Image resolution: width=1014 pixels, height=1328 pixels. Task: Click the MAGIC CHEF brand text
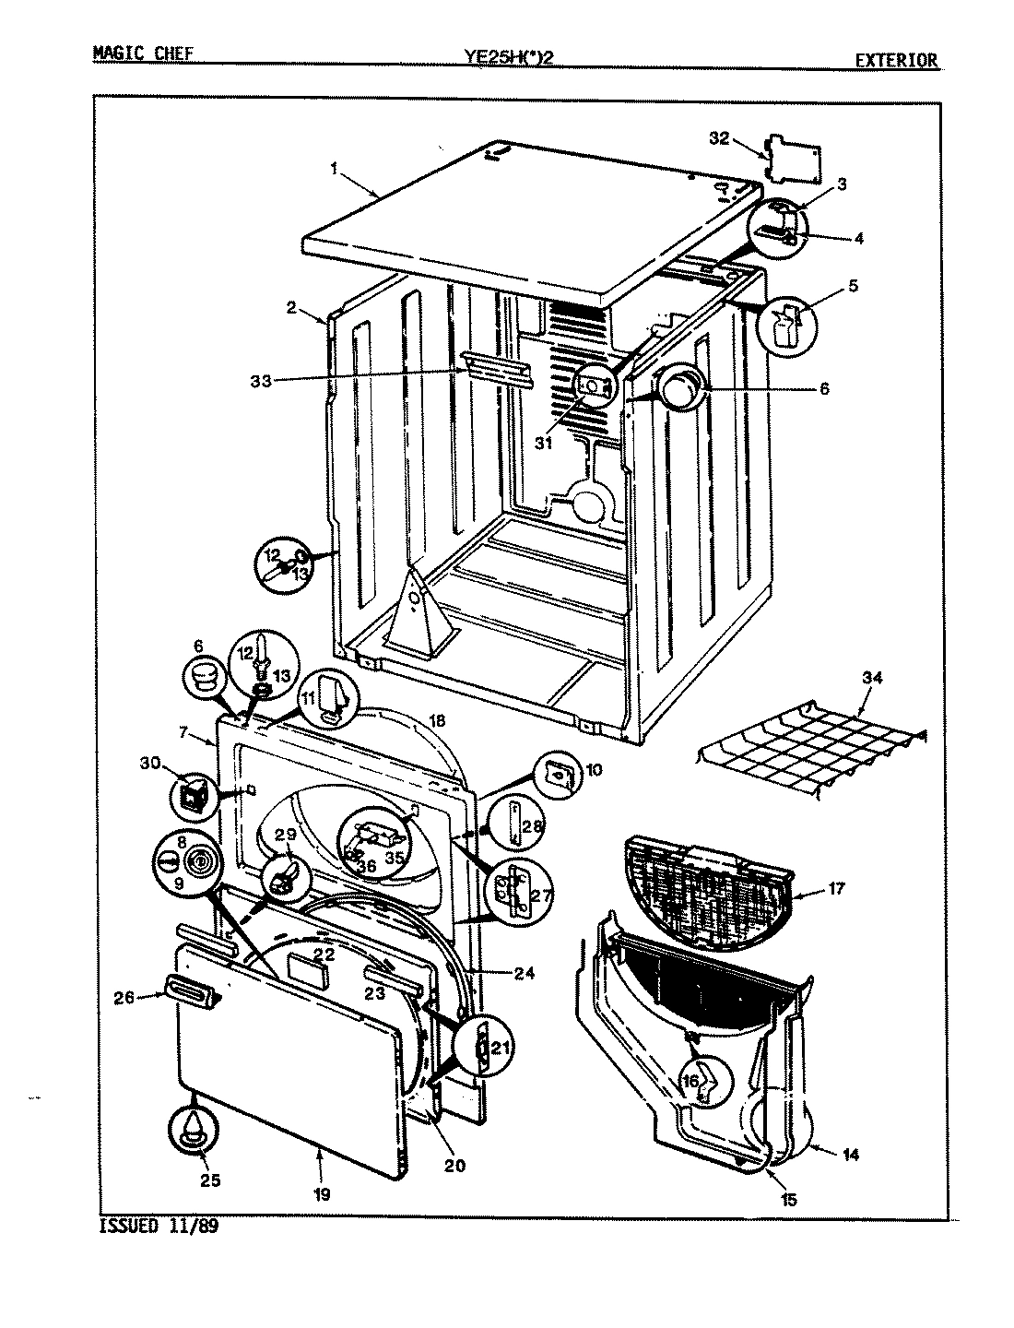coord(143,54)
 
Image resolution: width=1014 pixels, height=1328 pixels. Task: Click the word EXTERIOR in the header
coord(896,61)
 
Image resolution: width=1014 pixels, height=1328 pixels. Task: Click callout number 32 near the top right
coord(719,138)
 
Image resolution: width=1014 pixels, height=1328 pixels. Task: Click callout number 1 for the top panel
coord(334,169)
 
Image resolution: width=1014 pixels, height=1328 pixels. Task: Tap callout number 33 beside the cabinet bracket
coord(262,380)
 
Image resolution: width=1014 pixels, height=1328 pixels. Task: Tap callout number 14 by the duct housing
coord(850,1154)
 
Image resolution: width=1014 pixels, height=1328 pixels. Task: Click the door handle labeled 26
coord(190,990)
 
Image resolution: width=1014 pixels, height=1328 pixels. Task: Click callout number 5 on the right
coord(854,286)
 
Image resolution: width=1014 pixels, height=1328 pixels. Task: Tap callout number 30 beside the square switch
coord(150,763)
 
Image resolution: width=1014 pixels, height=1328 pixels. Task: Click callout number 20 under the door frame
coord(454,1165)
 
